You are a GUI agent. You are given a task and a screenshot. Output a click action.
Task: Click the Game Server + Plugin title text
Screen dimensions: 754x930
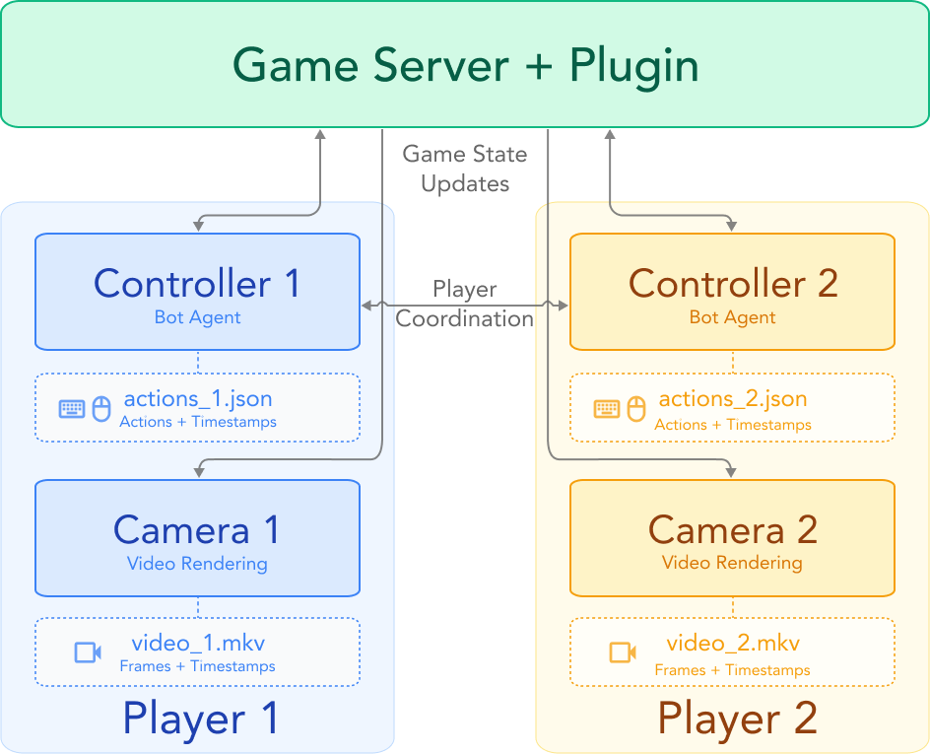pyautogui.click(x=465, y=66)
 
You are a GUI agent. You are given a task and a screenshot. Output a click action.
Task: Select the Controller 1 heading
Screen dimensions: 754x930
pyautogui.click(x=197, y=284)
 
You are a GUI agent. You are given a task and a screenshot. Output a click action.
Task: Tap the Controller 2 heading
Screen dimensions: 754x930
pyautogui.click(x=733, y=284)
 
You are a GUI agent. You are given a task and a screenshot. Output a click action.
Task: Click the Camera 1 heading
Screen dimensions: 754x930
pyautogui.click(x=197, y=530)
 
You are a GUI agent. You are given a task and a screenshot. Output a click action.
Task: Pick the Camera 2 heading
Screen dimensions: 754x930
pyautogui.click(x=733, y=530)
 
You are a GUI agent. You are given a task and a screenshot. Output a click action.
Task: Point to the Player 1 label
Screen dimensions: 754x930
pyautogui.click(x=201, y=719)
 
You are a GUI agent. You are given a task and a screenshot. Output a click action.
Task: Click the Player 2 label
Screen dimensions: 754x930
pyautogui.click(x=737, y=719)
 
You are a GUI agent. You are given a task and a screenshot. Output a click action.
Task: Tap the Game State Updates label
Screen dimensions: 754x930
pyautogui.click(x=465, y=169)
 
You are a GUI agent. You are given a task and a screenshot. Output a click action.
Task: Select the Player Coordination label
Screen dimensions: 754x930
pyautogui.click(x=465, y=304)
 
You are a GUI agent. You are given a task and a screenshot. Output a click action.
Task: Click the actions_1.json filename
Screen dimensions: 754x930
pyautogui.click(x=198, y=399)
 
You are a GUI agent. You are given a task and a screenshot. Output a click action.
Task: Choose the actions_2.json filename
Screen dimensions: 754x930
pyautogui.click(x=733, y=399)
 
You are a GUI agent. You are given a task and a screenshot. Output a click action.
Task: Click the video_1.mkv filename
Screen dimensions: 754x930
pyautogui.click(x=198, y=644)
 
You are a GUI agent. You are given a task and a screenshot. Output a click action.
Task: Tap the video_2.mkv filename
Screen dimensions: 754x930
pyautogui.click(x=733, y=644)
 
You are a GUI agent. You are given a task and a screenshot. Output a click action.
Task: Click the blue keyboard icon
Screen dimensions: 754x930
pyautogui.click(x=72, y=408)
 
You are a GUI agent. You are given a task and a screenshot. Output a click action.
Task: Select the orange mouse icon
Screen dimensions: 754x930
pyautogui.click(x=636, y=408)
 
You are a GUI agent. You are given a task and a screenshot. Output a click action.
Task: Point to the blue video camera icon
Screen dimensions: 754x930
pyautogui.click(x=88, y=652)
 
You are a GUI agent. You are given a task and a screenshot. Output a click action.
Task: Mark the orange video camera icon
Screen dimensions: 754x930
pyautogui.click(x=623, y=652)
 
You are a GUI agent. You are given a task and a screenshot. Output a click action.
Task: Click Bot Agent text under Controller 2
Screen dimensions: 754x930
pyautogui.click(x=733, y=317)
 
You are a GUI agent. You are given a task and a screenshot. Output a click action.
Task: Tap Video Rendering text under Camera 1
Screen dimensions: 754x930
pyautogui.click(x=197, y=564)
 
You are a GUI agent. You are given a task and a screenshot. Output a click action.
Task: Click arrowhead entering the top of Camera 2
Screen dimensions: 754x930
pyautogui.click(x=730, y=472)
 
